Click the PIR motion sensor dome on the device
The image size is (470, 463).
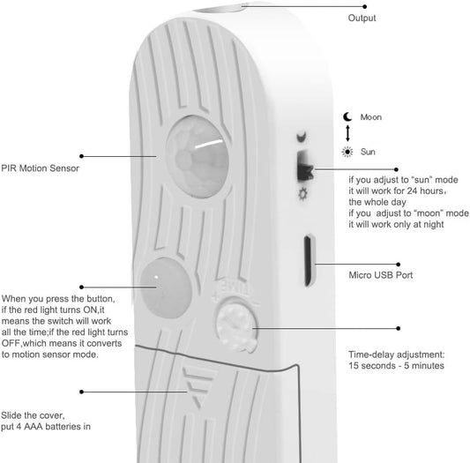[x=198, y=156]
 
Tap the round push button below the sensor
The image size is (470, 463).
[x=165, y=288]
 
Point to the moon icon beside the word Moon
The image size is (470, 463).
[x=347, y=116]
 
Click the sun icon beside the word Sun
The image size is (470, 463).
[x=347, y=152]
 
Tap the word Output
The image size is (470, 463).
[x=362, y=18]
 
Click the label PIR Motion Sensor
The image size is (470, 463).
[x=41, y=168]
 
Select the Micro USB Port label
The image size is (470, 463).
[x=381, y=275]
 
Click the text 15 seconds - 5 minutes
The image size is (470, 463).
[x=396, y=365]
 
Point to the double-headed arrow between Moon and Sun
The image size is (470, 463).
[x=347, y=133]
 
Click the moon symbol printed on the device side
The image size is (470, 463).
[x=302, y=137]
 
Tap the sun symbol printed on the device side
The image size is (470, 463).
[x=303, y=194]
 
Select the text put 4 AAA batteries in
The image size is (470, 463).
[x=46, y=427]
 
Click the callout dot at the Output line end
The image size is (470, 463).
[x=364, y=6]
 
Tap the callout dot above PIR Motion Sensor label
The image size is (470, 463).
[x=81, y=156]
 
